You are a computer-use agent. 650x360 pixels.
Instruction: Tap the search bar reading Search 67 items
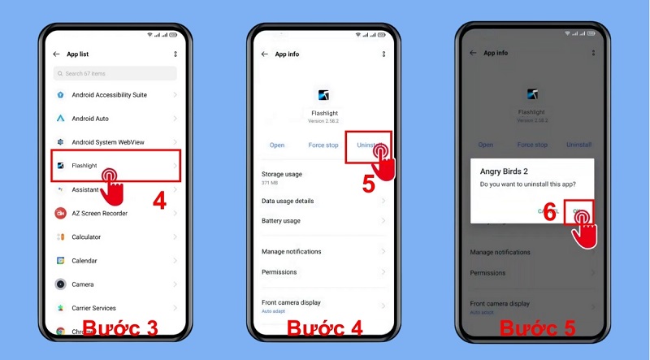point(115,74)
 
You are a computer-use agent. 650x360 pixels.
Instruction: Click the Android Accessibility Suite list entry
point(109,95)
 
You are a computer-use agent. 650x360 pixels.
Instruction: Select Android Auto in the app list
point(91,119)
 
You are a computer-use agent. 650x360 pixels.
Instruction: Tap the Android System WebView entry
point(107,142)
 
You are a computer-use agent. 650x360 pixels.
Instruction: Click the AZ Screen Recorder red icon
point(60,213)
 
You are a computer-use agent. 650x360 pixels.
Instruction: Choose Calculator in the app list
point(86,237)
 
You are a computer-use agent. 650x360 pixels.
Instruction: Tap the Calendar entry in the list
point(84,261)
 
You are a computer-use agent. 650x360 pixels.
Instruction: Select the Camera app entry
point(82,284)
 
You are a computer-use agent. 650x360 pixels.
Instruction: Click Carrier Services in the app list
point(93,308)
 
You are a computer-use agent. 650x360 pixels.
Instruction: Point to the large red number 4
point(159,201)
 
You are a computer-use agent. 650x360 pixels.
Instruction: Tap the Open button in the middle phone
point(277,145)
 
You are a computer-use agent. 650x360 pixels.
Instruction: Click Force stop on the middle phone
point(323,145)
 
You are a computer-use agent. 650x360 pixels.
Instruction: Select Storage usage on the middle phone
point(281,175)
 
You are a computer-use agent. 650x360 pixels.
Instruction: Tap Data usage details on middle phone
point(288,201)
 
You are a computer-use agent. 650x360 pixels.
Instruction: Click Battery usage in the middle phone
point(280,221)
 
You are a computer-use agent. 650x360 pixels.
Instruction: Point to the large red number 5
point(368,184)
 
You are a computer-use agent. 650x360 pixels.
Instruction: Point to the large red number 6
point(549,213)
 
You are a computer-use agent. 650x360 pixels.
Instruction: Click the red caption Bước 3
point(119,329)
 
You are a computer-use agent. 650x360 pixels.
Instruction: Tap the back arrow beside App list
point(57,54)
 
